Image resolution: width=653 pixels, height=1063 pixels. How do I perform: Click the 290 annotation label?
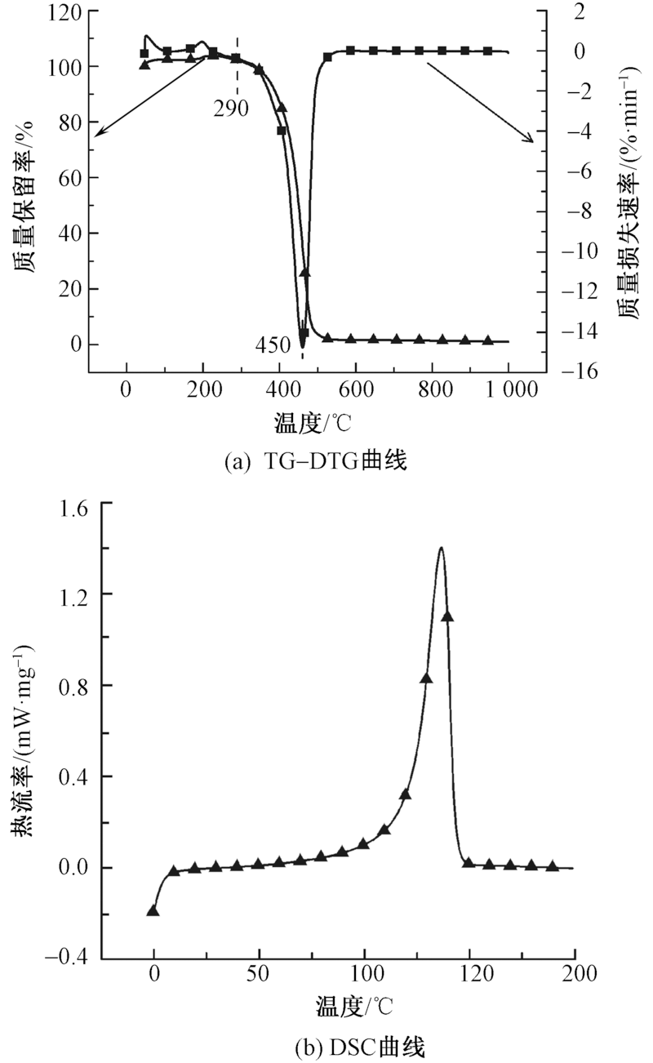[x=232, y=109]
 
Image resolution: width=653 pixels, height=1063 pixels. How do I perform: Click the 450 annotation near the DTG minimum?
[x=273, y=345]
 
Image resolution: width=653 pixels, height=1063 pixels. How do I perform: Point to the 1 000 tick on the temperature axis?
[x=508, y=389]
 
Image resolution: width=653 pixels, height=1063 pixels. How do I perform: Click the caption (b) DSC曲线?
[x=326, y=1047]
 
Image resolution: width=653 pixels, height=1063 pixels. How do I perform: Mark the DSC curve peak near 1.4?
[x=442, y=548]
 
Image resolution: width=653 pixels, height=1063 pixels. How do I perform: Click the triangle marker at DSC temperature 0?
[x=153, y=910]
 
